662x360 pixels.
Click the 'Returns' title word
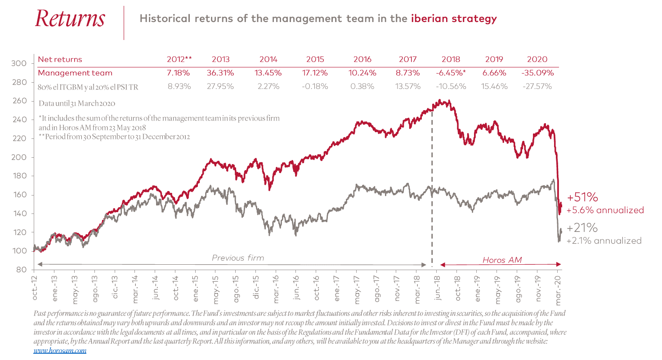click(70, 19)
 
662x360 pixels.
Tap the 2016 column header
click(362, 59)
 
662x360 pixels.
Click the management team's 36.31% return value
click(220, 73)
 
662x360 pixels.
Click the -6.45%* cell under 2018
click(451, 73)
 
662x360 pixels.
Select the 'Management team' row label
click(75, 73)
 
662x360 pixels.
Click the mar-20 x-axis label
click(558, 286)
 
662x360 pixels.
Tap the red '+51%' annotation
click(582, 197)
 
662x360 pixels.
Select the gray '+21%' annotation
click(582, 227)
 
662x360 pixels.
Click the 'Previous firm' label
click(238, 258)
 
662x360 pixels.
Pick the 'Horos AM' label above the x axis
click(499, 260)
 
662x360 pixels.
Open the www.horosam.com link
click(60, 351)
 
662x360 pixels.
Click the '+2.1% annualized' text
click(604, 241)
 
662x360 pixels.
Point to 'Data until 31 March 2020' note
click(77, 103)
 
